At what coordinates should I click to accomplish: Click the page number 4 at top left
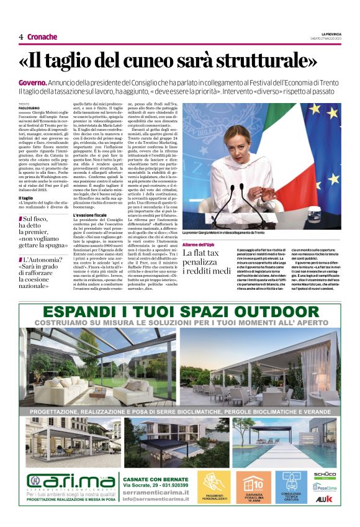[21, 37]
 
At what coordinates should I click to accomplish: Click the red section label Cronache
[42, 37]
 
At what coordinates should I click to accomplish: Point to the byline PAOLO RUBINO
[32, 109]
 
